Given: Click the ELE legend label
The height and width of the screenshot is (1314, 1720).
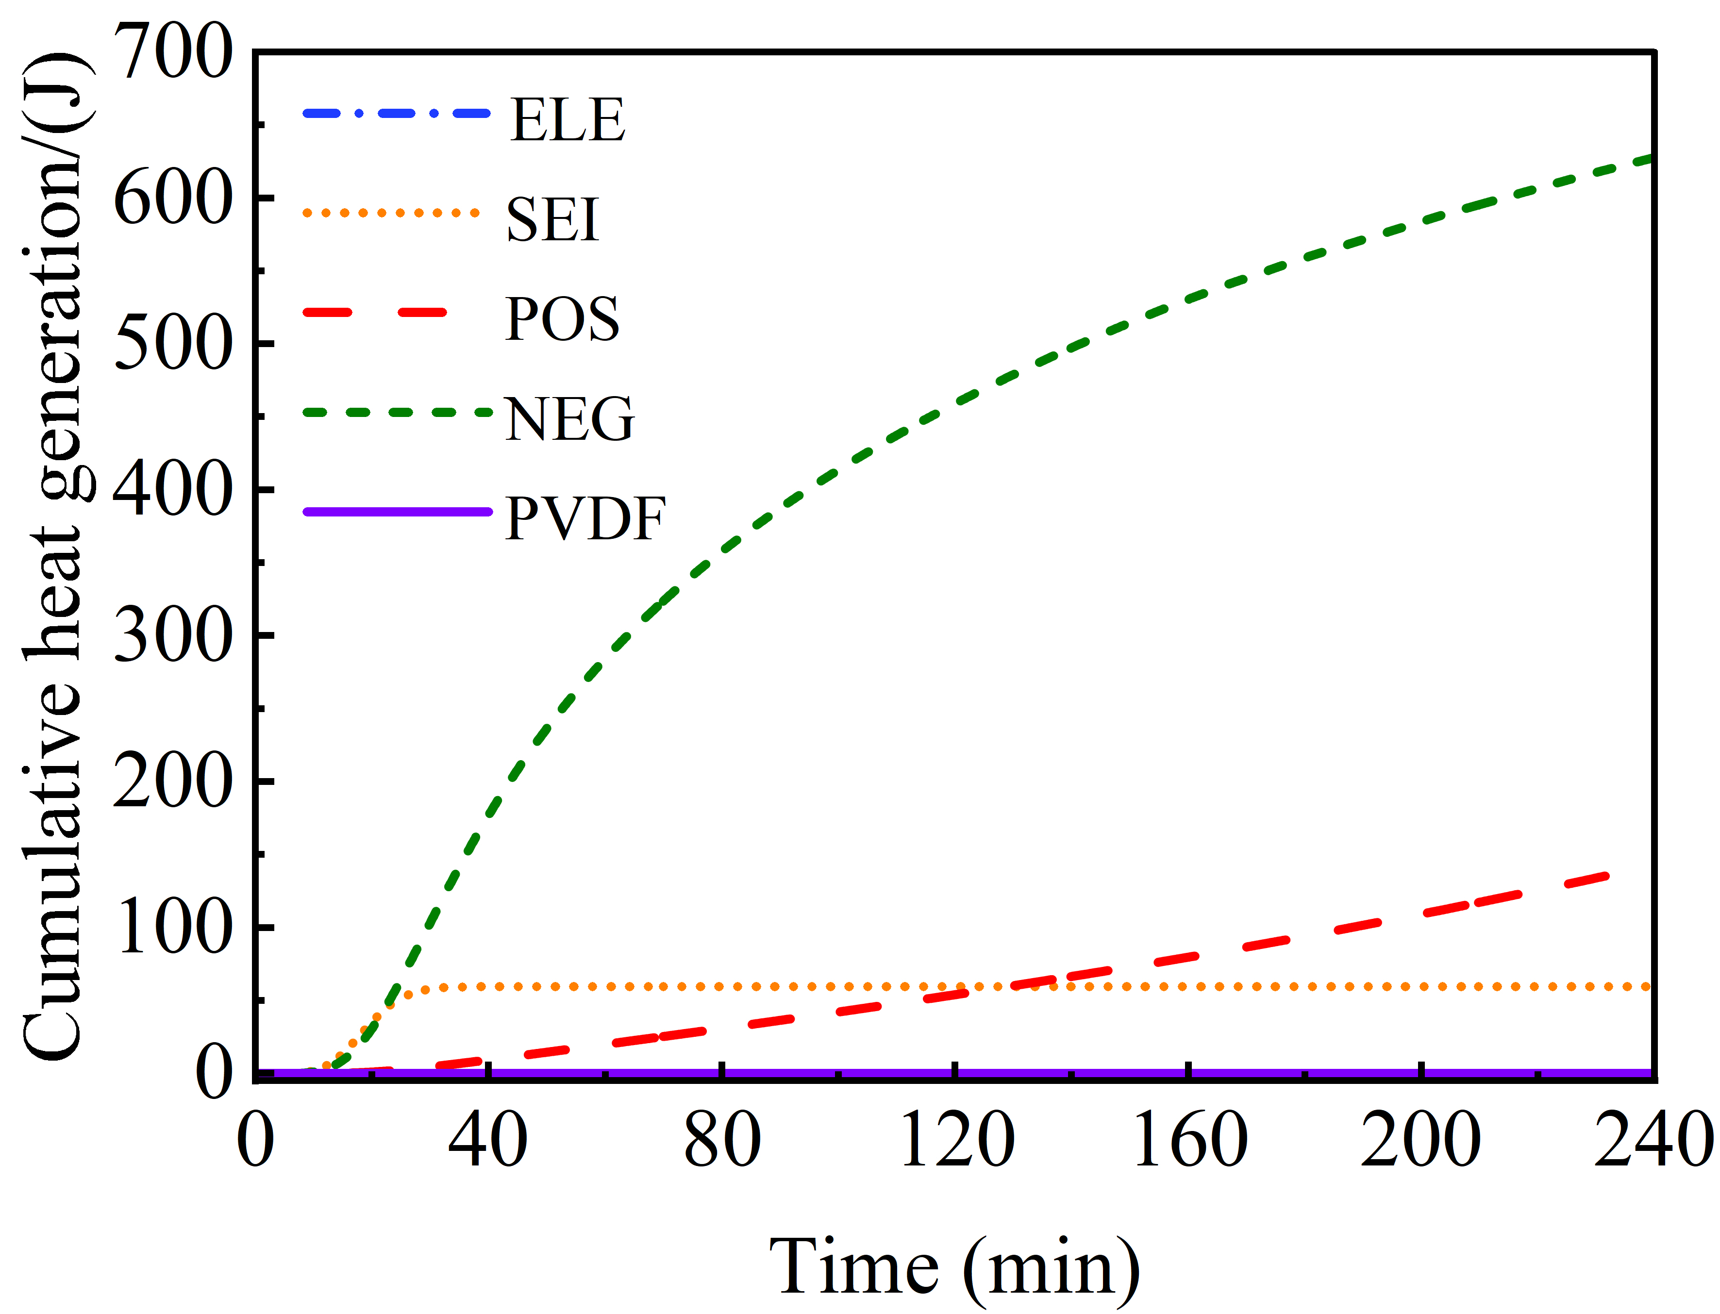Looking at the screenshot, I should coord(567,120).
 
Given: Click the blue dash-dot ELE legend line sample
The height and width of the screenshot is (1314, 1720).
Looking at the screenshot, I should coord(397,114).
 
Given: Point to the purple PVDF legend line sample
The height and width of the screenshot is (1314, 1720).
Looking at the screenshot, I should coord(397,512).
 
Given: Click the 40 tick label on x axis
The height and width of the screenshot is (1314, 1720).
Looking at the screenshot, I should coord(487,1140).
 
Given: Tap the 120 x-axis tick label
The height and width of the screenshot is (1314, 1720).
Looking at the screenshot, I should coord(956,1140).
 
